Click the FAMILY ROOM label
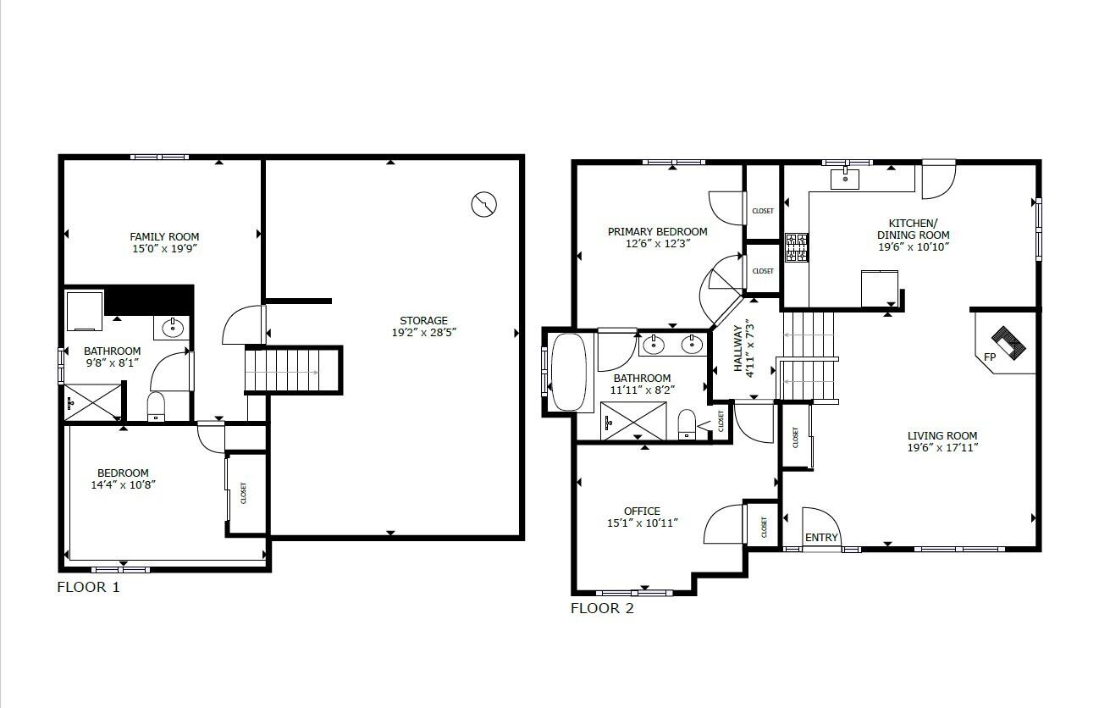click(x=164, y=236)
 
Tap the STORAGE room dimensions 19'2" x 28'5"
click(x=423, y=333)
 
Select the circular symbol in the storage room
click(x=483, y=203)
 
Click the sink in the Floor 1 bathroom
click(x=174, y=327)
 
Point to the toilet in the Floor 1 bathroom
click(x=157, y=406)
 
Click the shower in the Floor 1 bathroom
click(x=94, y=401)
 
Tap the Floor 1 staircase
click(x=284, y=371)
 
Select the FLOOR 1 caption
click(x=88, y=587)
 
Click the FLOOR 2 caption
click(x=602, y=608)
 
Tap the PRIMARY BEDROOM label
click(x=657, y=231)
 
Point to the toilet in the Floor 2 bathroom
click(x=687, y=423)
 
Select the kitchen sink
click(x=845, y=179)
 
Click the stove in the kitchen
click(x=796, y=247)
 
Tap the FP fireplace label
click(x=989, y=357)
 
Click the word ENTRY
click(x=820, y=537)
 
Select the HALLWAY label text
click(x=737, y=349)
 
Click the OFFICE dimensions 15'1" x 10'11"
click(x=642, y=523)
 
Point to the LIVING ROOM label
click(x=942, y=436)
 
